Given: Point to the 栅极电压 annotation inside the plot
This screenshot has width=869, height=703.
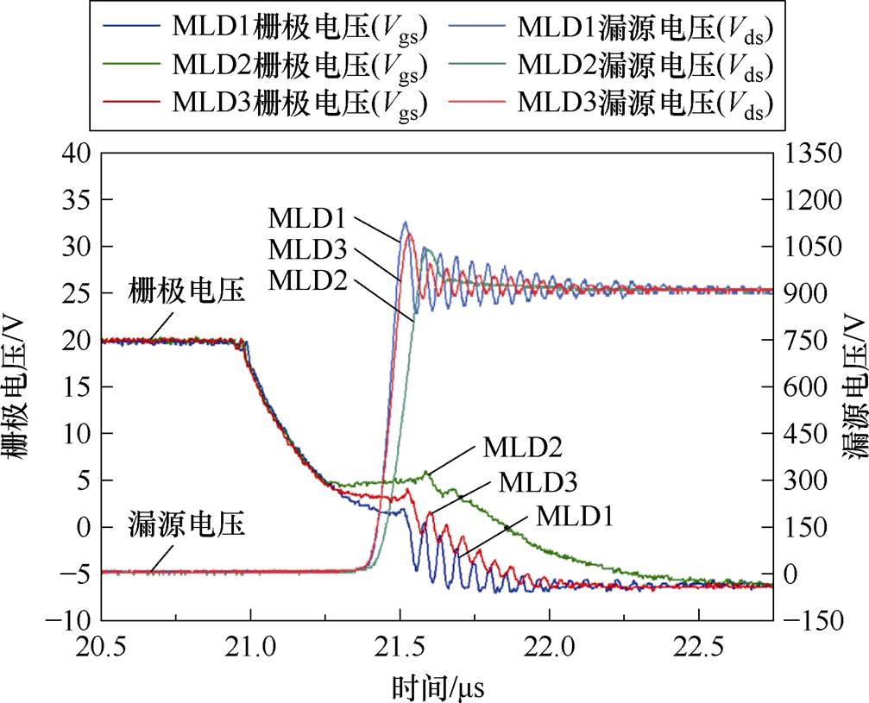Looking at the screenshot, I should (x=188, y=291).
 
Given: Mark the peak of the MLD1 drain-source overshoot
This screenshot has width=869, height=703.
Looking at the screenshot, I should (x=405, y=222).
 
